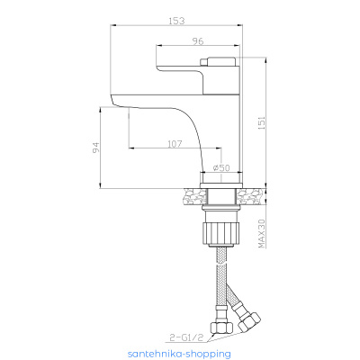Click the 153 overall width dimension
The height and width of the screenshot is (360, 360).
click(176, 22)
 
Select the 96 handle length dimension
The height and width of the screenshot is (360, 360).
click(198, 41)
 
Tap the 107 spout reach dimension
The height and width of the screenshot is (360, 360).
click(175, 144)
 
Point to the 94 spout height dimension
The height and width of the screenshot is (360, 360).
click(95, 148)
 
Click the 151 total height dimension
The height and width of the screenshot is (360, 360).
click(261, 122)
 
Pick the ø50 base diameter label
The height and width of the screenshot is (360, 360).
click(221, 168)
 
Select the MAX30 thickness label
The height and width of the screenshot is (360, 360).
click(262, 233)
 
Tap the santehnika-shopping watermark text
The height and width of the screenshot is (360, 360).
click(179, 354)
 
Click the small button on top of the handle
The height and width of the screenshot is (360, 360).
click(204, 61)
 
